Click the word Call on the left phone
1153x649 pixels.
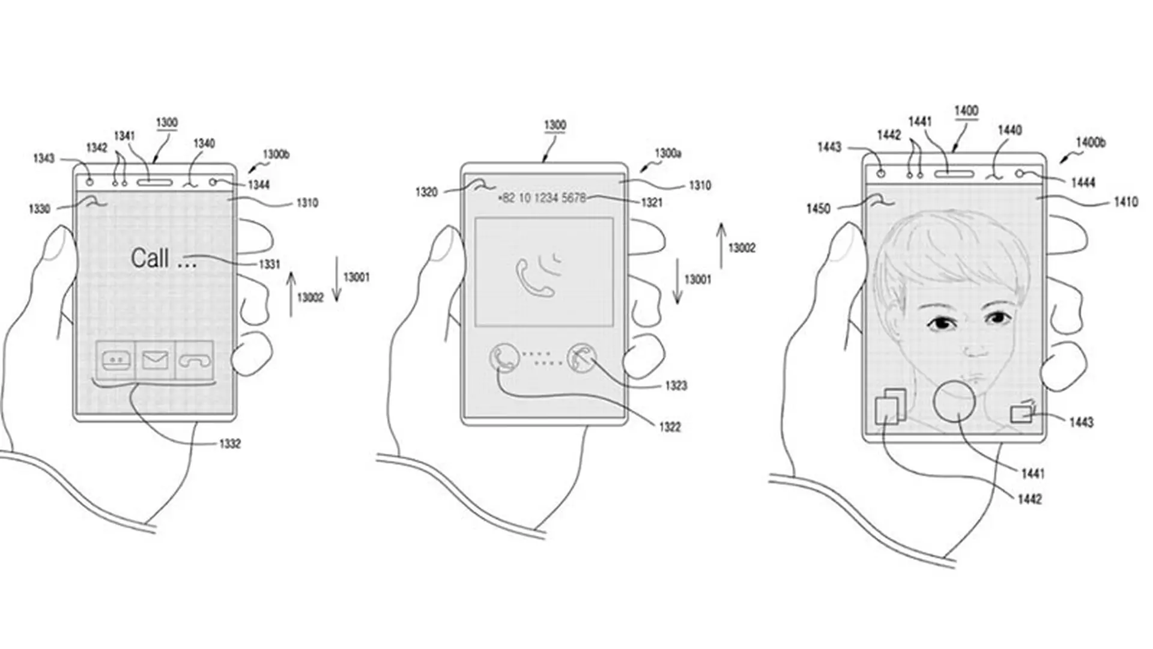pos(150,258)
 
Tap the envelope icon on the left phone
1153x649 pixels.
pos(155,361)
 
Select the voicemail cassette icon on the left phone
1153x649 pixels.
pos(116,361)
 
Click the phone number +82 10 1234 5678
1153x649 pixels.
pos(542,198)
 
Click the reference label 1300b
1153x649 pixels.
pos(276,154)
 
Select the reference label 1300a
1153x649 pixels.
pos(668,154)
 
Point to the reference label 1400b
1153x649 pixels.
pos(1091,143)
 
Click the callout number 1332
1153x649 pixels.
pos(229,443)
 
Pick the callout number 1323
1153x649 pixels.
pos(676,385)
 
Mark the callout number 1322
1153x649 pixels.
pos(670,427)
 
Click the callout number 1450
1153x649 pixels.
pos(818,209)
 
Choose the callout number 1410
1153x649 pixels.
pos(1126,203)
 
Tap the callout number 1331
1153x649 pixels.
pos(270,264)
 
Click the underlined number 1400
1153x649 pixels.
pos(966,111)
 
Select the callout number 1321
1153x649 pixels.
pos(652,203)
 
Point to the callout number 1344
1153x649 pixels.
pos(259,185)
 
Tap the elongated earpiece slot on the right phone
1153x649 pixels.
pos(954,174)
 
